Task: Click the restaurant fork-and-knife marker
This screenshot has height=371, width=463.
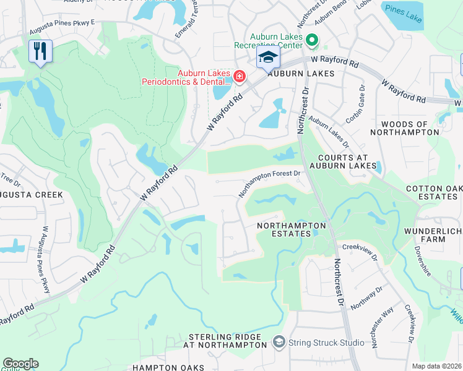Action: click(x=40, y=51)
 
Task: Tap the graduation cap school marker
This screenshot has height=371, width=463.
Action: click(x=268, y=58)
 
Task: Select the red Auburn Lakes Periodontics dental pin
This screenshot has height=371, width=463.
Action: click(x=239, y=77)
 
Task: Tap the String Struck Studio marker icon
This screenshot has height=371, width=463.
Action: click(x=279, y=342)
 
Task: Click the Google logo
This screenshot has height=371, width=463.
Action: click(x=20, y=364)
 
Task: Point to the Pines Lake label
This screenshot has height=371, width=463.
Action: click(x=402, y=14)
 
